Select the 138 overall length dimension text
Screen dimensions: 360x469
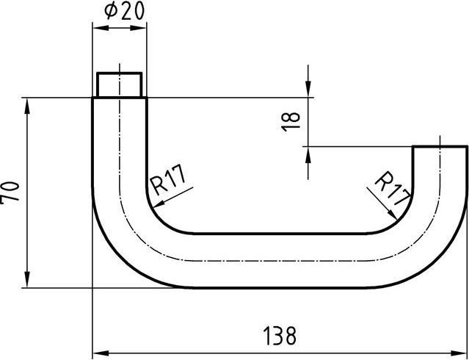pyautogui.click(x=280, y=336)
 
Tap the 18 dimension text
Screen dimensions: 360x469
pyautogui.click(x=291, y=120)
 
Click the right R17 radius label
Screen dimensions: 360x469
pyautogui.click(x=390, y=188)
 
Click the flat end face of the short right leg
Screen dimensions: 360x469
pyautogui.click(x=440, y=147)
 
